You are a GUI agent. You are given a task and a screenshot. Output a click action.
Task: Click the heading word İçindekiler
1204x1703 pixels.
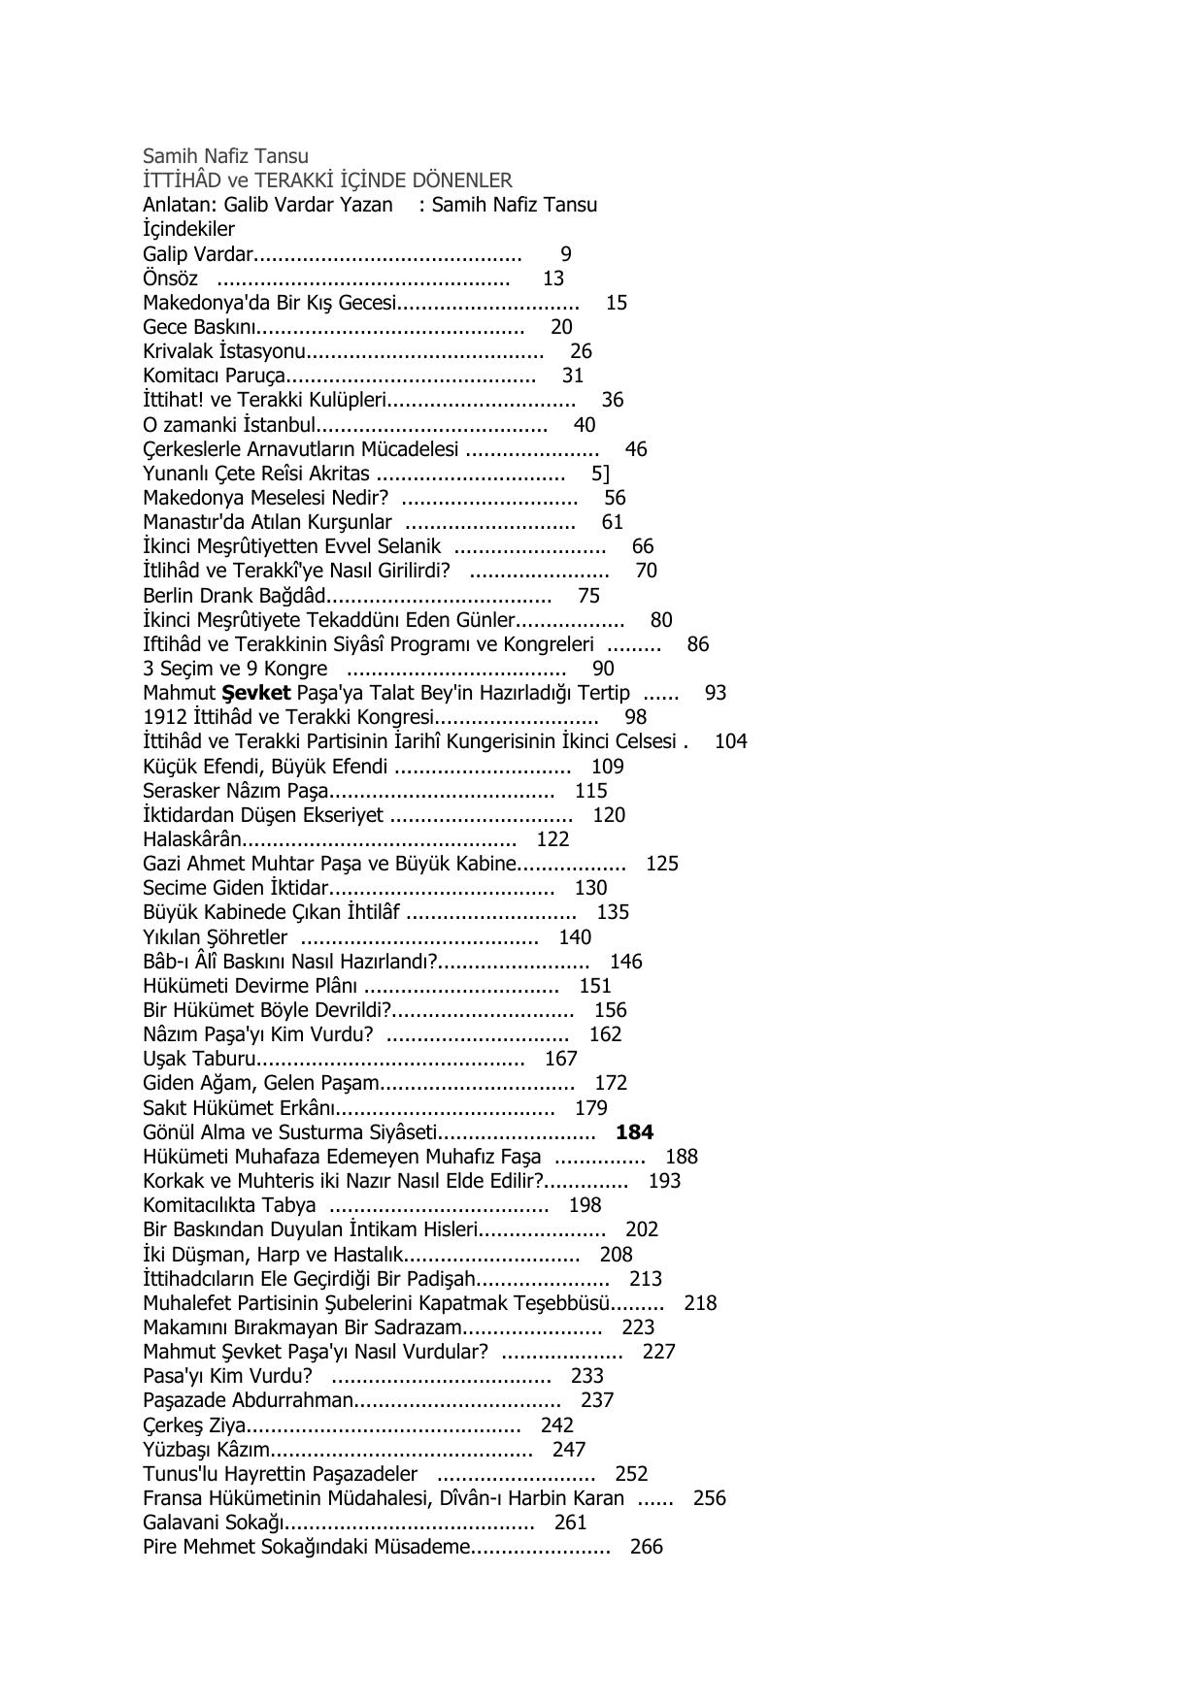[188, 229]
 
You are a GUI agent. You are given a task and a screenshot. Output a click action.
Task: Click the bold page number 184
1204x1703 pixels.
[634, 1132]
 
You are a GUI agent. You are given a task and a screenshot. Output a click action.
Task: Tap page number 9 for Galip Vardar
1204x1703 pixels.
[566, 254]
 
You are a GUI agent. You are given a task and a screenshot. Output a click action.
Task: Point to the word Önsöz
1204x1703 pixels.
[170, 278]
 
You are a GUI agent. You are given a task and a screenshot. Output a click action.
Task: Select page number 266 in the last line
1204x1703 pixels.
[646, 1547]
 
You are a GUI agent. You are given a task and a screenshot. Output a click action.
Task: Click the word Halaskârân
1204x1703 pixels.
[191, 839]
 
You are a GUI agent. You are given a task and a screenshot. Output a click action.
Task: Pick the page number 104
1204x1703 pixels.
[730, 741]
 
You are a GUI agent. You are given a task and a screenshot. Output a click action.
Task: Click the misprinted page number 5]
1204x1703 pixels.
[600, 474]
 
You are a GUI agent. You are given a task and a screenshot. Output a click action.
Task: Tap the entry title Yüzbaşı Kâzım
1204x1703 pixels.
[205, 1450]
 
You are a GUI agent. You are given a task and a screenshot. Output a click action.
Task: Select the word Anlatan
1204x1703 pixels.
[175, 205]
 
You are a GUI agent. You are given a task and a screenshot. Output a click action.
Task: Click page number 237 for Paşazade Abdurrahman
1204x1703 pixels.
[597, 1400]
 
